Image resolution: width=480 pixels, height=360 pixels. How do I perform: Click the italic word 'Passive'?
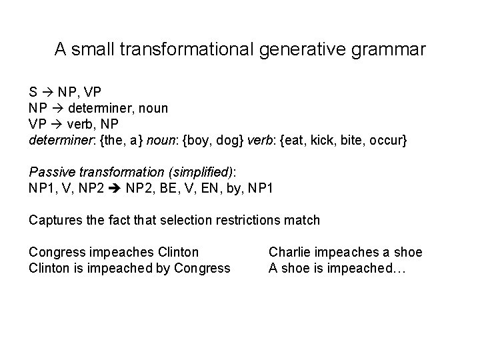(53, 173)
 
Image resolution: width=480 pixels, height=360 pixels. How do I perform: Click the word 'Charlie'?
(290, 252)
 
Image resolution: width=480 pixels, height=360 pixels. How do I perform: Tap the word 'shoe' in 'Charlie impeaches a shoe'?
(408, 252)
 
